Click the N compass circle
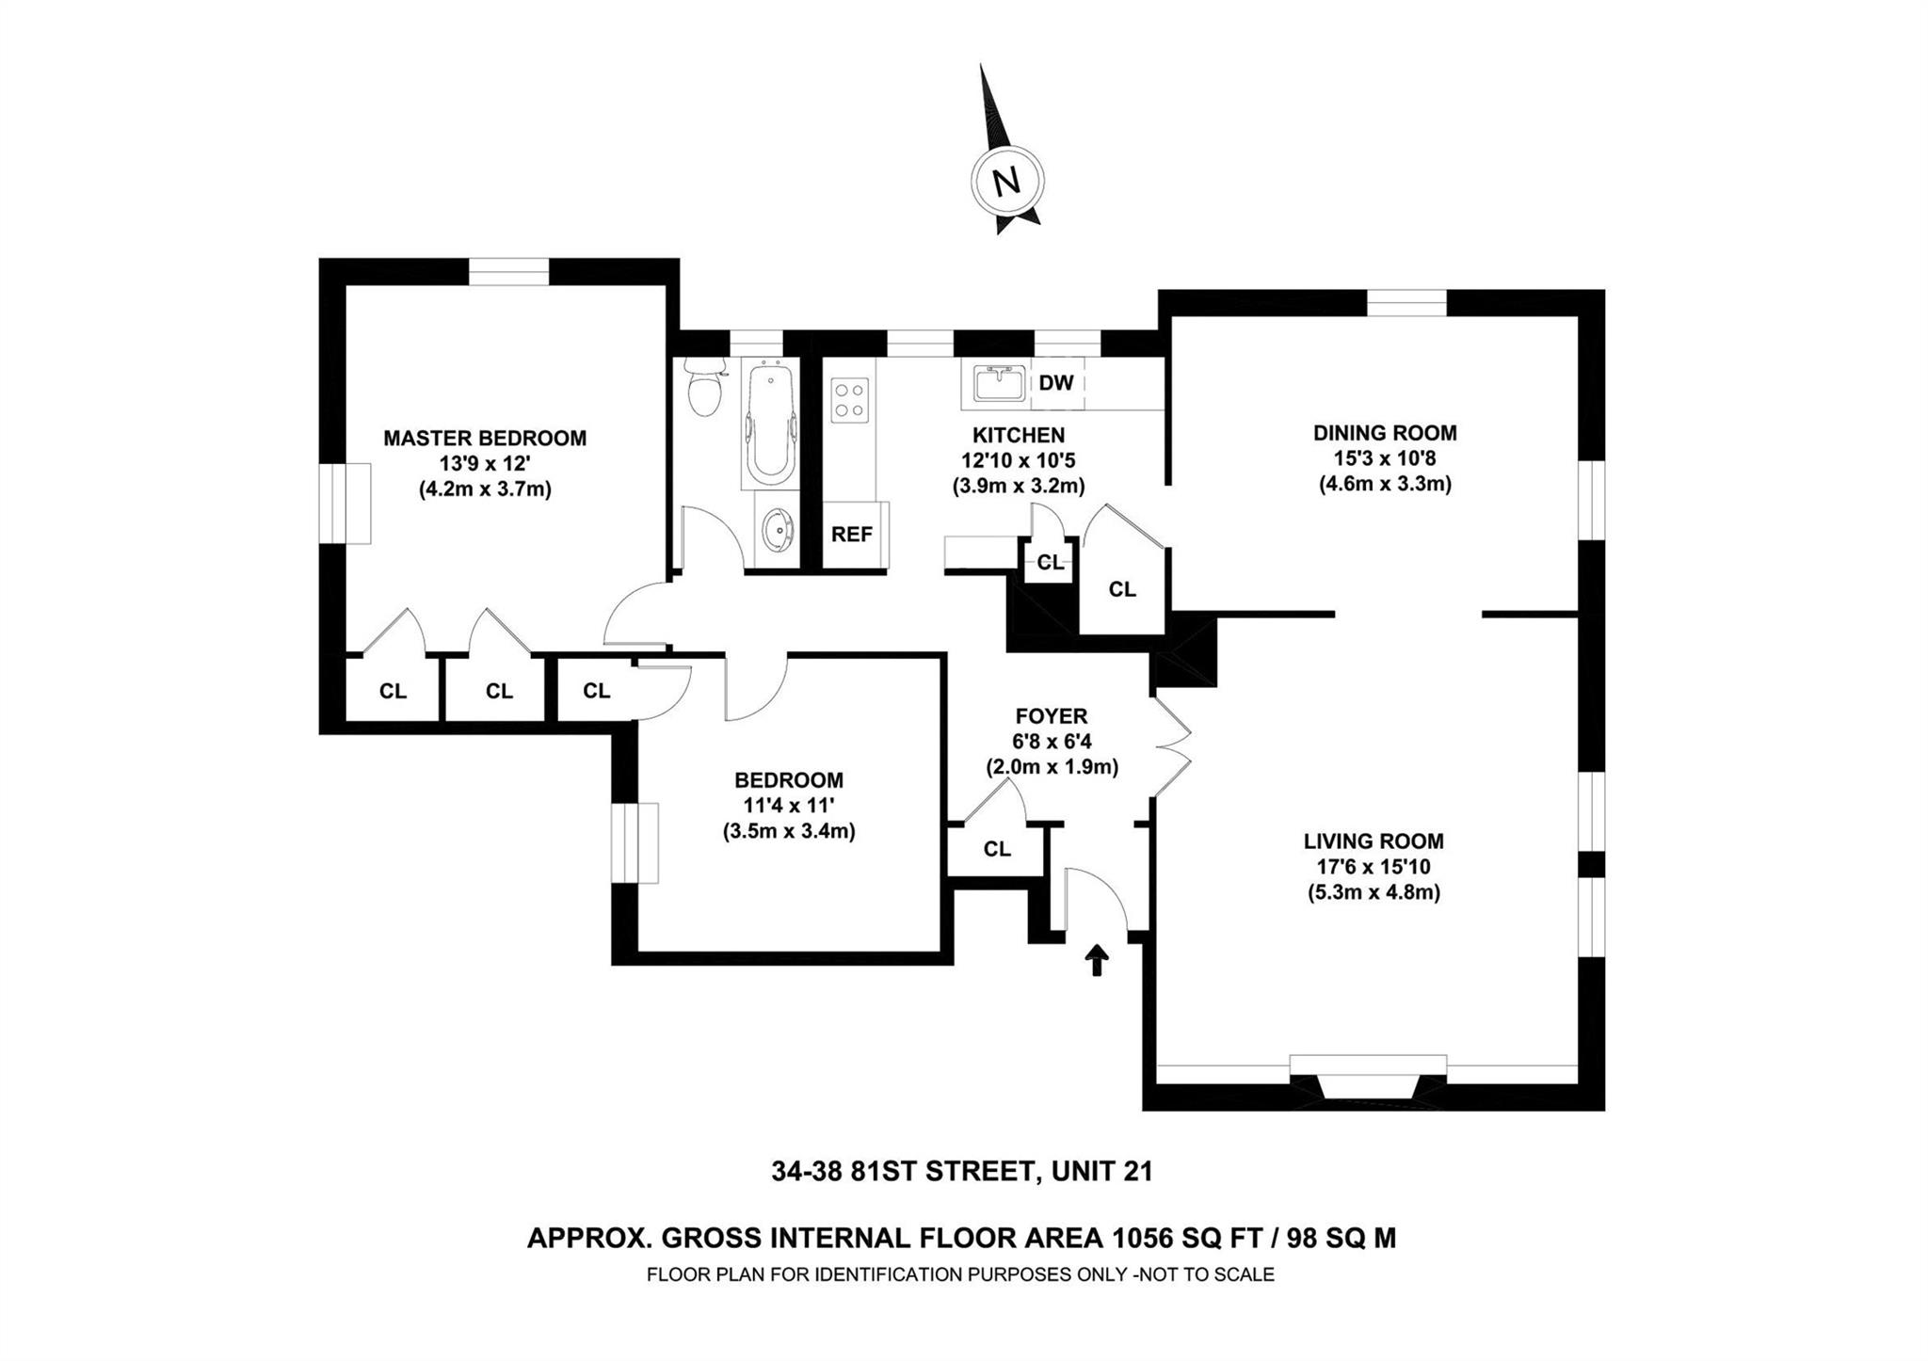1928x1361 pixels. [1007, 181]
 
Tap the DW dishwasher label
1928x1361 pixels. [1056, 383]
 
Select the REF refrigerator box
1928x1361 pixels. [852, 535]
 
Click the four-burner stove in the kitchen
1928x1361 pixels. [850, 398]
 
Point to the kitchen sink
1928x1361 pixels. [999, 384]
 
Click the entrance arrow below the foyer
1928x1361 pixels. [1097, 961]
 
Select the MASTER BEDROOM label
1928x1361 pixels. [485, 438]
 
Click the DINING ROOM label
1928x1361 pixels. [1385, 433]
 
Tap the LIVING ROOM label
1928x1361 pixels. [1374, 841]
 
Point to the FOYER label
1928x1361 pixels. [1052, 716]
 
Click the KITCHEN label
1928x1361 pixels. [1019, 435]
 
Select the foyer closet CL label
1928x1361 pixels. [997, 849]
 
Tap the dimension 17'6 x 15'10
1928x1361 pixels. [1374, 867]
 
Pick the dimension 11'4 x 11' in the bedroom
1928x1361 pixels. [789, 806]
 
